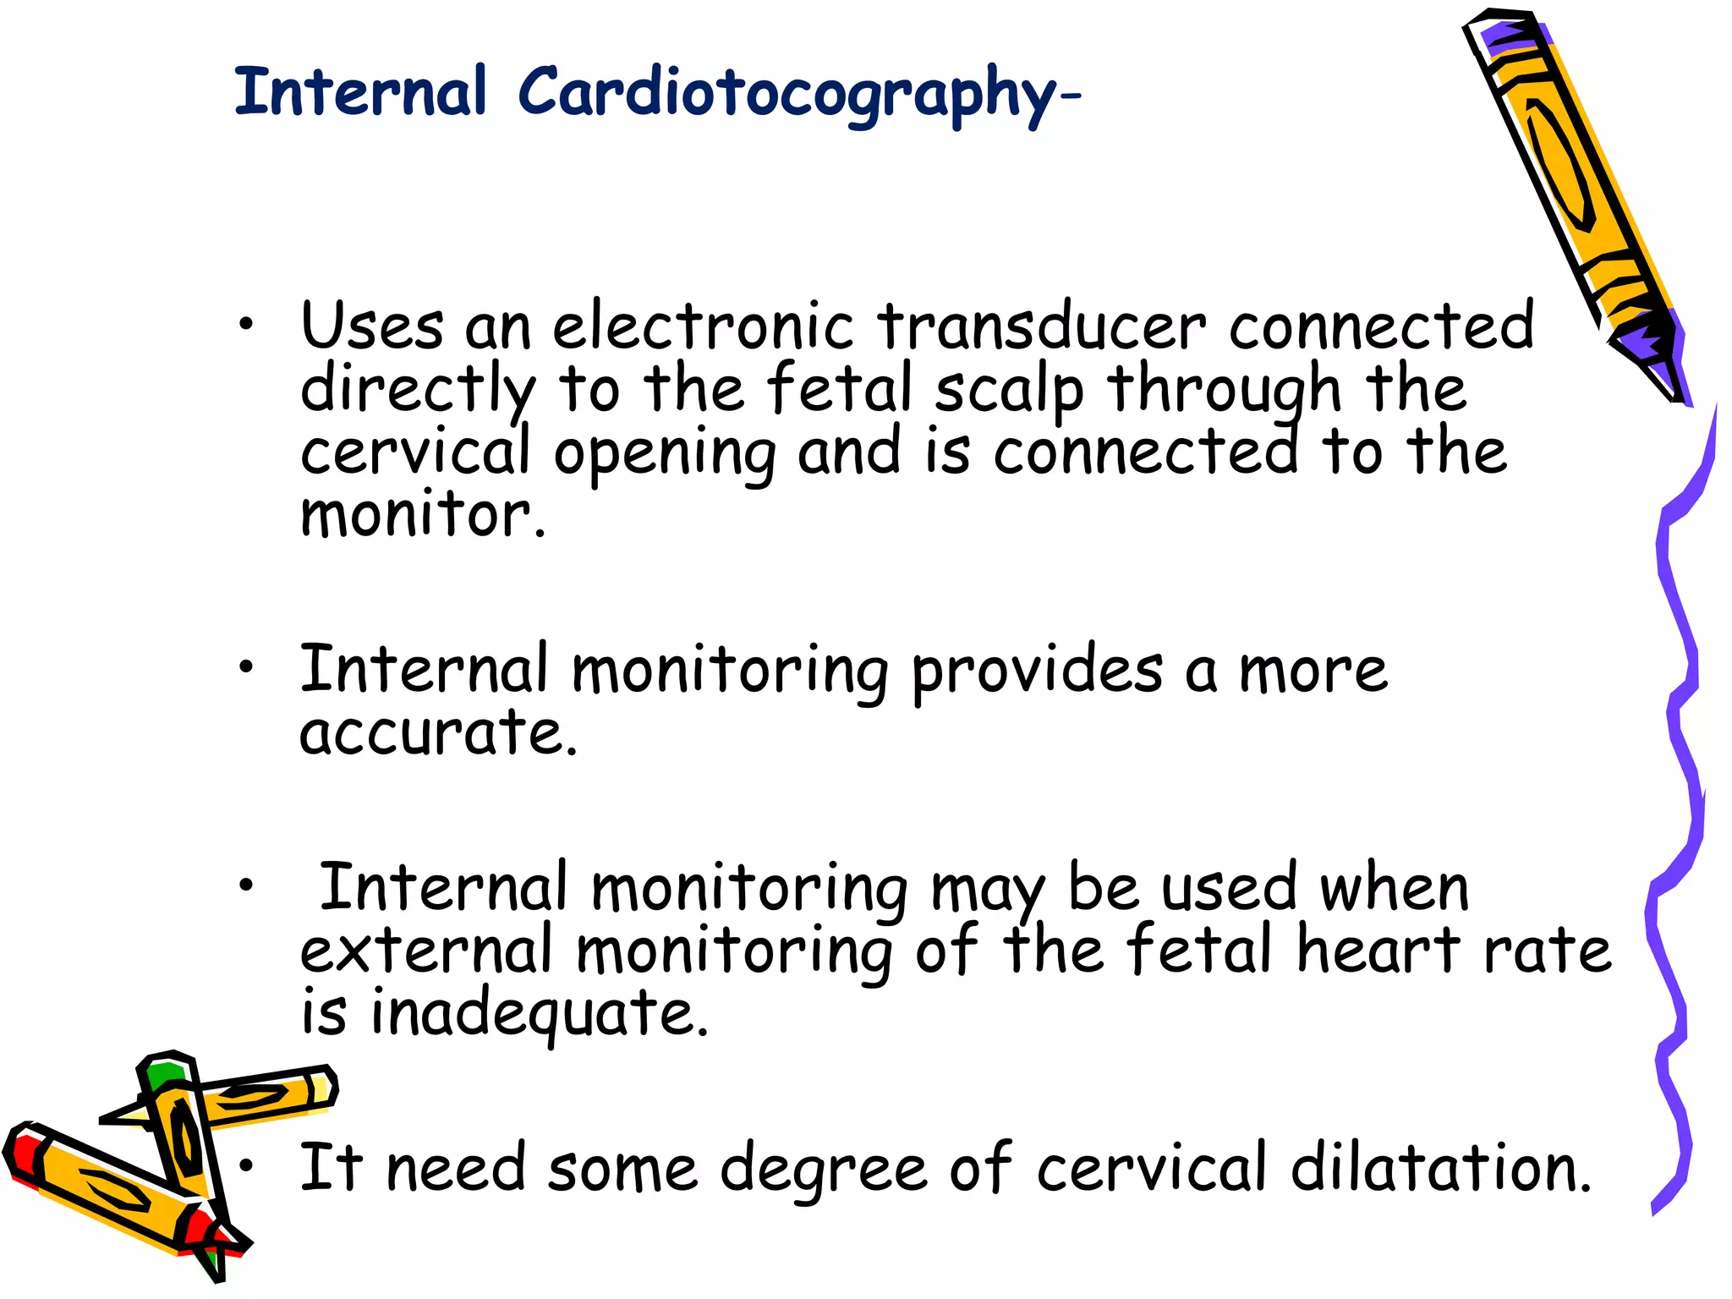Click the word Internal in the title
click(x=360, y=91)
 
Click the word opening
click(x=665, y=454)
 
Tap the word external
click(x=426, y=951)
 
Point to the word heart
click(x=1378, y=951)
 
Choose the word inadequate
click(x=539, y=1013)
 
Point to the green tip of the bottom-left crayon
click(x=165, y=1074)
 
